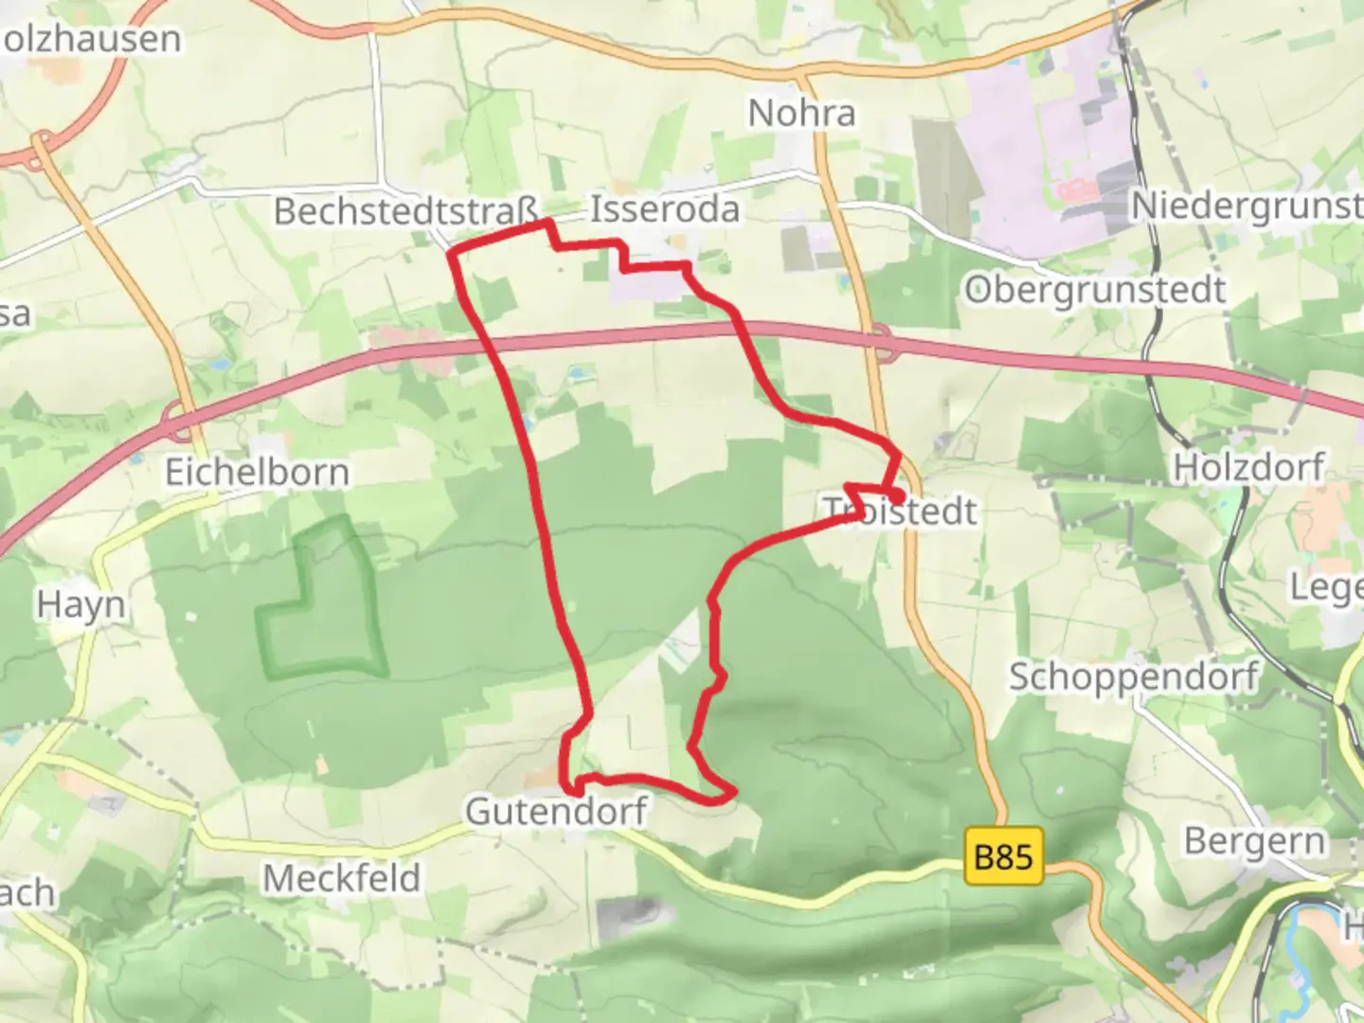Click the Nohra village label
coord(801,113)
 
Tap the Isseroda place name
coord(664,208)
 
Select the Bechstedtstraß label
coord(405,210)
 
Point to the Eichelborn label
coord(257,472)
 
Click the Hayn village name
coord(81,604)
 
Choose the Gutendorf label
coord(556,811)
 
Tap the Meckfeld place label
coord(341,878)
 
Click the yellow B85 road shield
coord(1003,857)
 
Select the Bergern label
coord(1254,840)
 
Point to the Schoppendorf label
coord(1133,676)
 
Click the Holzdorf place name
coord(1248,467)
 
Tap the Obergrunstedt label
coord(1095,290)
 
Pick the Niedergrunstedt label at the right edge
coord(1247,206)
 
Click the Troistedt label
coord(900,511)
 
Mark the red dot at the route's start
coord(895,494)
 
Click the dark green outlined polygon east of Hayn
coord(323,606)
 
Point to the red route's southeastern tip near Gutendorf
coord(731,792)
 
